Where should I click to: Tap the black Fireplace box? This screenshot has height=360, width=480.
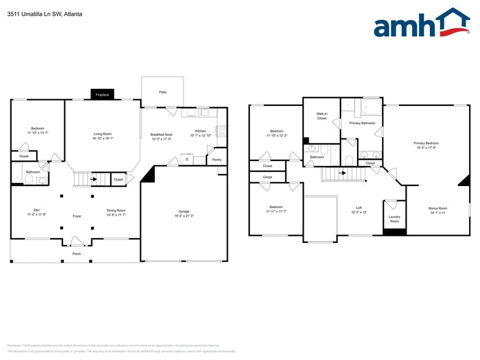tap(102, 94)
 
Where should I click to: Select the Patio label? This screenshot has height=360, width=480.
tap(162, 92)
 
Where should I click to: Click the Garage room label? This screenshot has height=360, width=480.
tap(184, 211)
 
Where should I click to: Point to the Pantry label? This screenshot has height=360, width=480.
tap(217, 160)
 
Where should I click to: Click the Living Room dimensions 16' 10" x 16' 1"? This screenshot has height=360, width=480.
tap(102, 138)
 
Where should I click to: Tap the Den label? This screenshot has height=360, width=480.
tap(37, 210)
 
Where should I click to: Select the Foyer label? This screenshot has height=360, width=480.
tap(77, 216)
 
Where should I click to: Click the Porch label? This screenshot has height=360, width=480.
tap(77, 253)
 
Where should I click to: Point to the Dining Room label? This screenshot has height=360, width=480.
tap(116, 210)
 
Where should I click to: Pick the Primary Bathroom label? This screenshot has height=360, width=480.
tap(362, 123)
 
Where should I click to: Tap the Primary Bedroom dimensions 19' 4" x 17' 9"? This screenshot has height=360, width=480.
tap(426, 148)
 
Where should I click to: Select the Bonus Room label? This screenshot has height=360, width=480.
tap(437, 208)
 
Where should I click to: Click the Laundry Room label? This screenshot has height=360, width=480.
tap(394, 219)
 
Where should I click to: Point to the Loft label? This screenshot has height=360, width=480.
tap(359, 208)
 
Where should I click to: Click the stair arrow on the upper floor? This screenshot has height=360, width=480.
tap(343, 173)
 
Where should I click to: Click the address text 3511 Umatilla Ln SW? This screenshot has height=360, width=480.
tap(31, 13)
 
